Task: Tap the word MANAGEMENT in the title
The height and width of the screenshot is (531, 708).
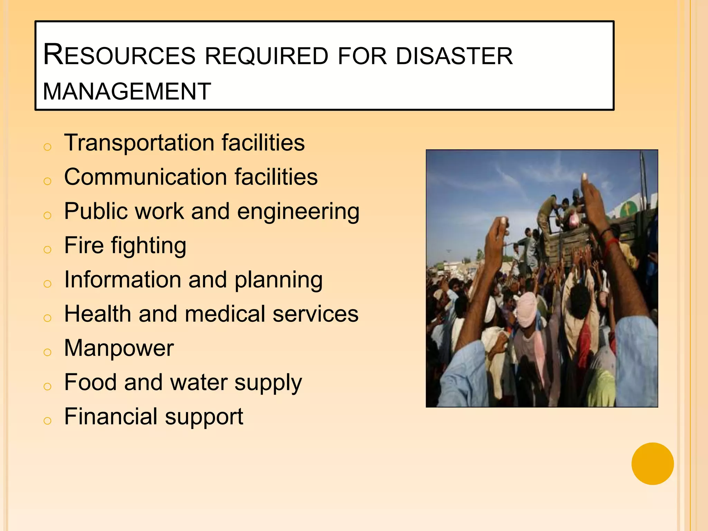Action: click(x=127, y=92)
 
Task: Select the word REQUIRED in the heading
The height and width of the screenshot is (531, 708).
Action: click(x=267, y=56)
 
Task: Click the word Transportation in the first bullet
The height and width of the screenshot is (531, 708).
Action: click(x=139, y=142)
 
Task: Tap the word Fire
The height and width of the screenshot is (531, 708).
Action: click(x=84, y=245)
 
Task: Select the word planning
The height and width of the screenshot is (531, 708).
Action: click(x=278, y=280)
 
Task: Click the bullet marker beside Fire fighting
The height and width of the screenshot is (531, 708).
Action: click(x=47, y=249)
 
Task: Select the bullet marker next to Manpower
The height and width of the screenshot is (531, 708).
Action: click(x=47, y=352)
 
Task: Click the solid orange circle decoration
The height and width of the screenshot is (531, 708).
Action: click(x=652, y=464)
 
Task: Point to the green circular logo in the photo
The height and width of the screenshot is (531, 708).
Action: click(x=626, y=209)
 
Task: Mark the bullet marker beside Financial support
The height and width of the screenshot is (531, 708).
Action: click(x=47, y=420)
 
